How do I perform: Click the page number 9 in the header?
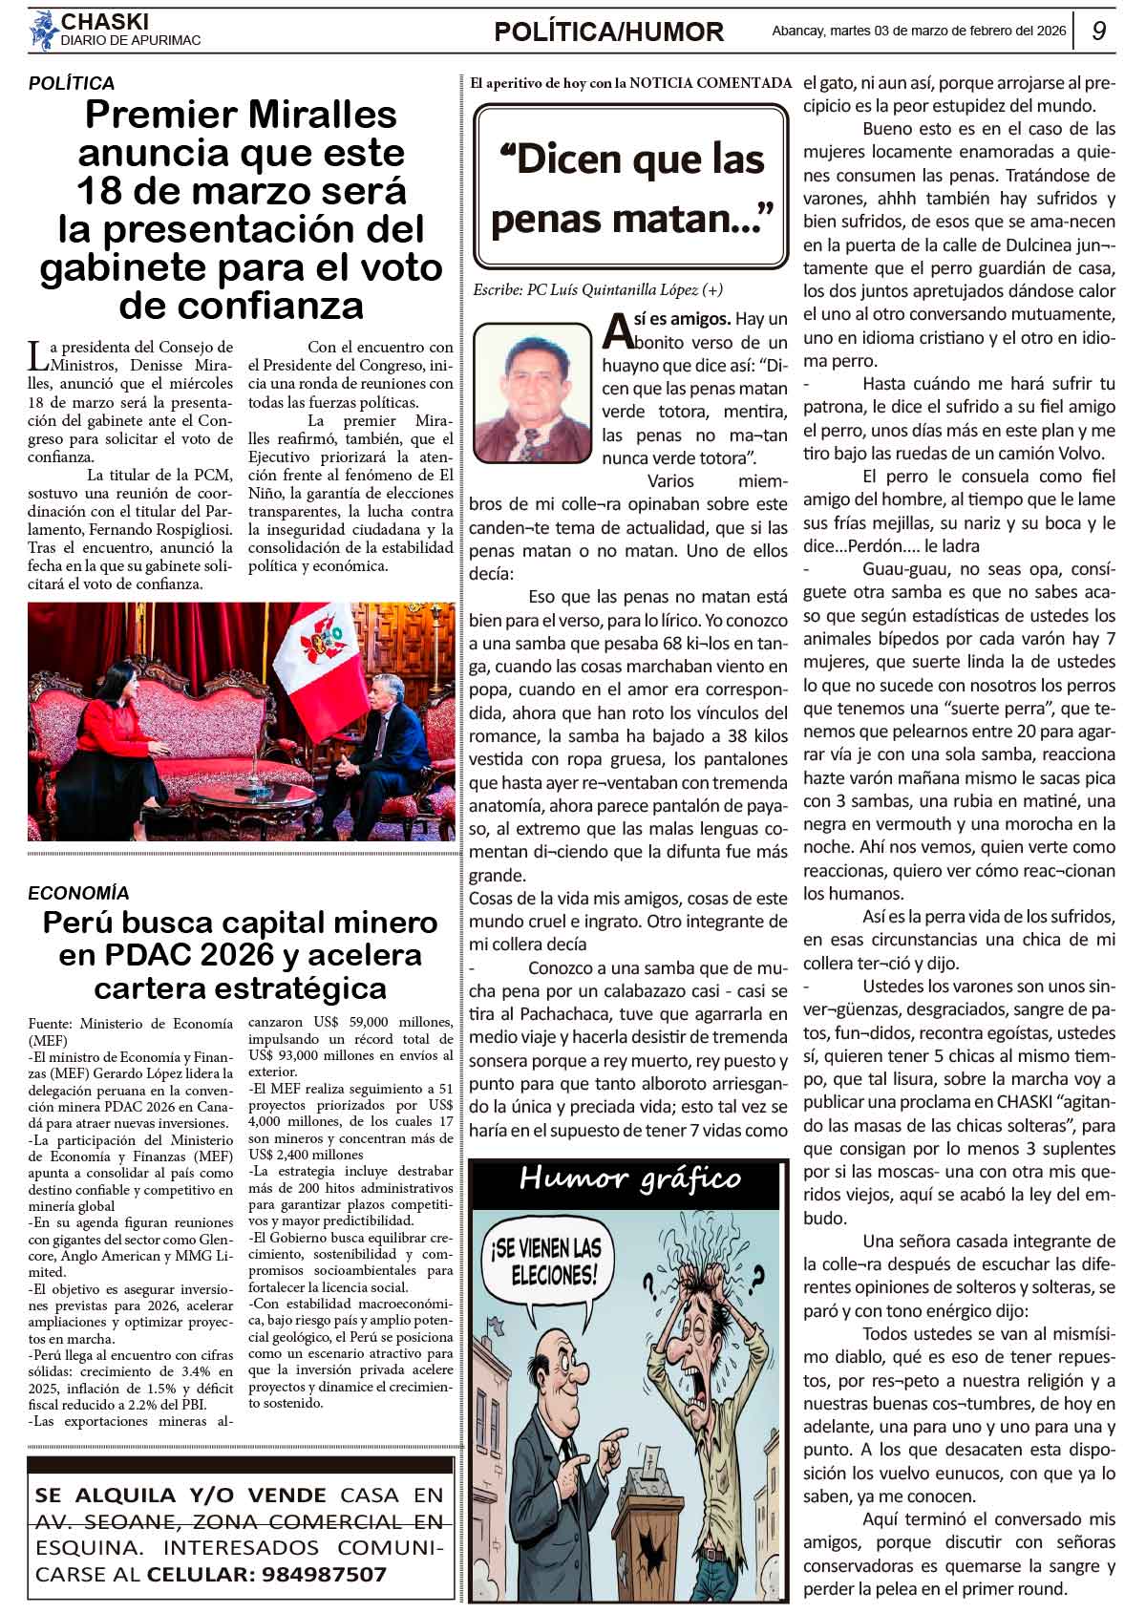click(1098, 32)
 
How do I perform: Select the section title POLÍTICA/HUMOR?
click(608, 32)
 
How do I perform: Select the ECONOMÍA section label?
click(78, 893)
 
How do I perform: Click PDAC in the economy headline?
click(143, 955)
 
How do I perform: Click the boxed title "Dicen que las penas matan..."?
click(630, 187)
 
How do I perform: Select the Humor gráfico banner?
click(629, 1179)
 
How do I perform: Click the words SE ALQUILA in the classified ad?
click(105, 1496)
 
